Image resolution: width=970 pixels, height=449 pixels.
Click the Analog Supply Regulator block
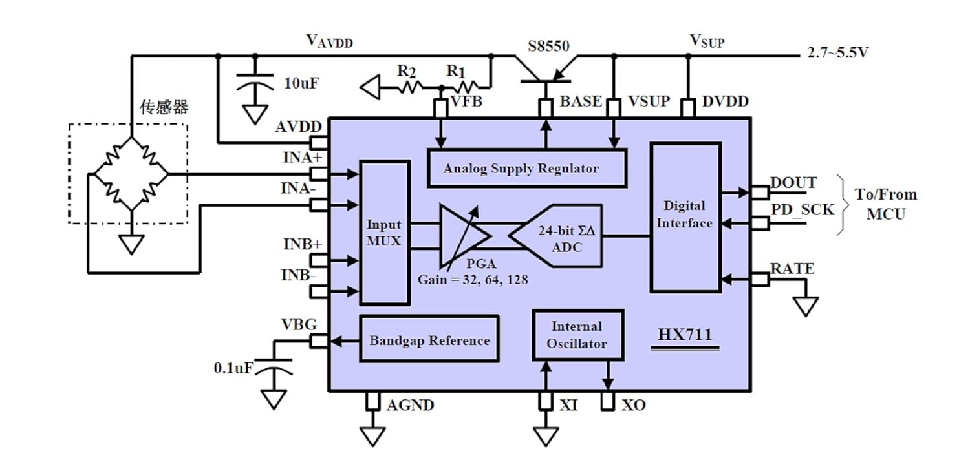(x=527, y=168)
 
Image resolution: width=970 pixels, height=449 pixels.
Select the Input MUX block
(x=385, y=233)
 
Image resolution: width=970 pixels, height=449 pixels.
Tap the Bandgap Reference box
(x=429, y=339)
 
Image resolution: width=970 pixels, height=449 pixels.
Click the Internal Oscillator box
(x=577, y=335)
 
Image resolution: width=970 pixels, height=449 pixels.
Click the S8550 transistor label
(x=548, y=46)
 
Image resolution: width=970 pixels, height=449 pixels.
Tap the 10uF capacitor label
(x=301, y=83)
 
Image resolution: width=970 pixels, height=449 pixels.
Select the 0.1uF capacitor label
(x=233, y=368)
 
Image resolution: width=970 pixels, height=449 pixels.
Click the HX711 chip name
(x=685, y=335)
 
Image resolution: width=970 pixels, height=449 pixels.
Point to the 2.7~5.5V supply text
(x=837, y=52)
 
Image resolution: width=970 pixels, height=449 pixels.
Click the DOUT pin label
(x=793, y=183)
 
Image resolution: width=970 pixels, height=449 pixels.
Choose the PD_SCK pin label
(x=803, y=209)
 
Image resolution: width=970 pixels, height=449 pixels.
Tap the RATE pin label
(x=792, y=268)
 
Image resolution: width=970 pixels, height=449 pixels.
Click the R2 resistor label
(x=406, y=70)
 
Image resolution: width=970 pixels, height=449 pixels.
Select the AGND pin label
(x=410, y=405)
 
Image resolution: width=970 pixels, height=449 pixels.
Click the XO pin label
(x=634, y=405)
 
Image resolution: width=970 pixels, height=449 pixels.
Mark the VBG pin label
(x=299, y=324)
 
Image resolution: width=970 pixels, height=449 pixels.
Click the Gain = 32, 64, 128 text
(x=473, y=280)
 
